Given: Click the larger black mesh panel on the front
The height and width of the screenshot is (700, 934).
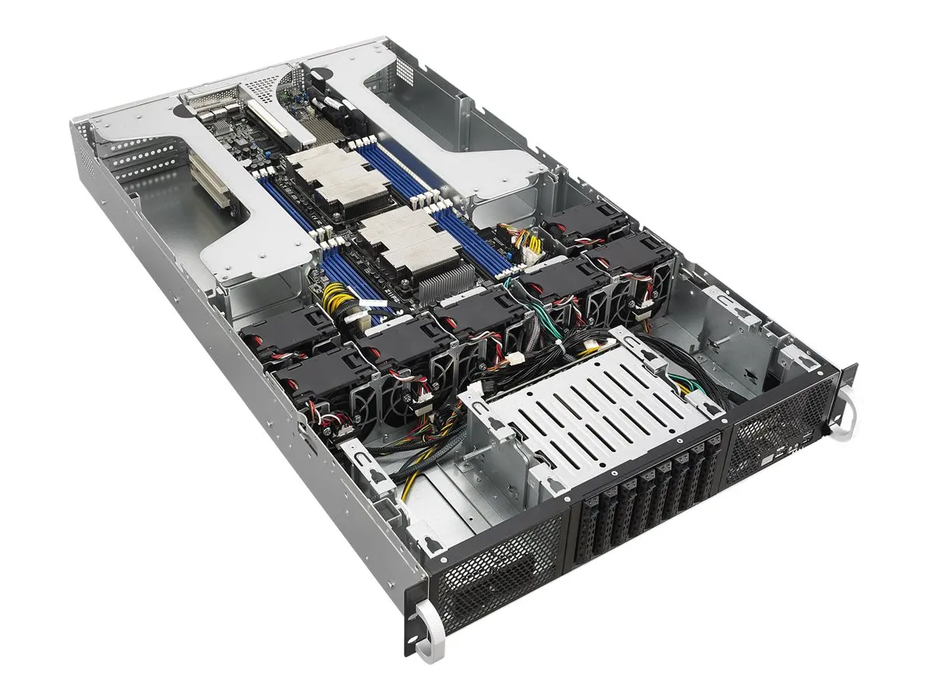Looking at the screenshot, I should point(498,579).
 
